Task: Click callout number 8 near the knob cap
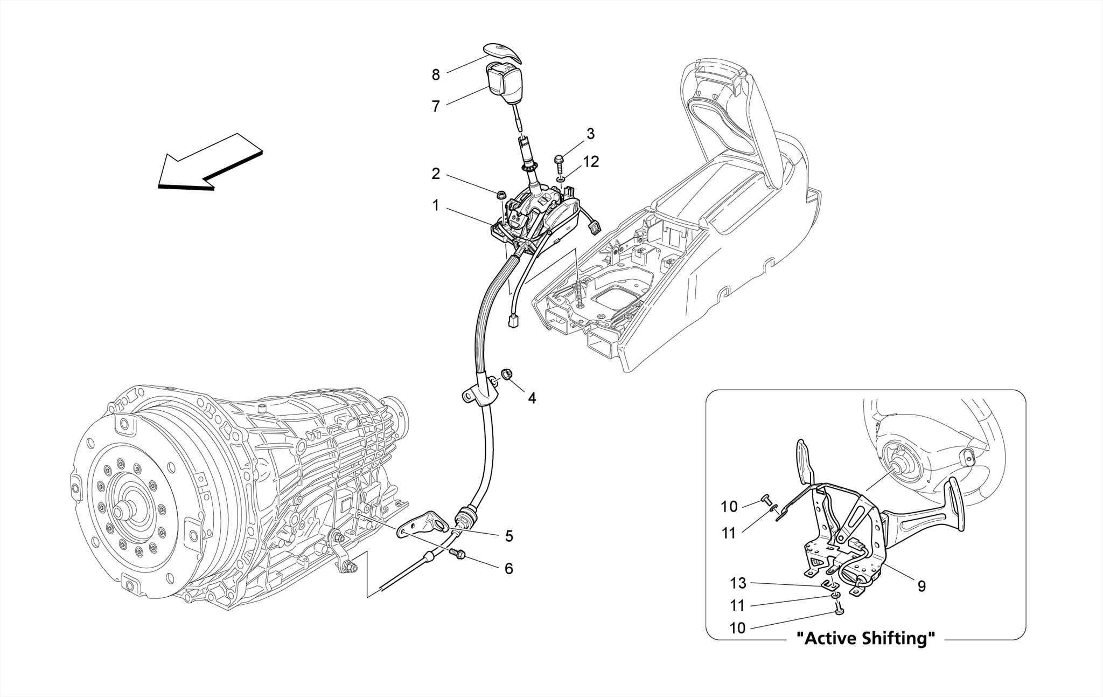[x=436, y=75]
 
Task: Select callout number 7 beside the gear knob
[x=436, y=107]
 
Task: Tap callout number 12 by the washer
[x=591, y=162]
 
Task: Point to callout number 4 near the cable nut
[x=532, y=398]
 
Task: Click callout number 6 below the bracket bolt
[x=508, y=569]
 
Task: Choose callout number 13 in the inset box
[x=738, y=583]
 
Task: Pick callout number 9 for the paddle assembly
[x=922, y=586]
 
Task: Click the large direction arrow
[x=210, y=162]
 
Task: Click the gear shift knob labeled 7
[x=126, y=82]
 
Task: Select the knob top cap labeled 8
[x=125, y=51]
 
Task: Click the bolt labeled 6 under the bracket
[x=458, y=553]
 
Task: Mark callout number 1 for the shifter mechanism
[x=435, y=205]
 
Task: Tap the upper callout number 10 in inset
[x=729, y=507]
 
